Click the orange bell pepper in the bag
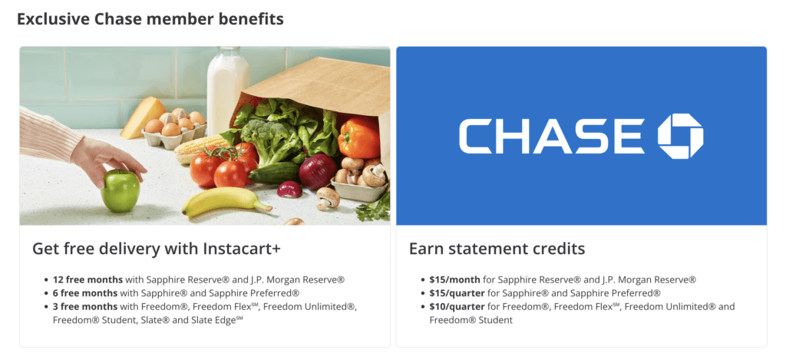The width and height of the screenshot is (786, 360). click(x=358, y=137)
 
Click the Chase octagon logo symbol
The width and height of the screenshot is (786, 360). click(x=680, y=136)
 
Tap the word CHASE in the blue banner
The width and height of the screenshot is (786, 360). click(x=551, y=137)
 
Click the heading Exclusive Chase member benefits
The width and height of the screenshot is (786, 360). click(x=150, y=18)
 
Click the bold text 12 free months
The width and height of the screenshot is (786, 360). click(x=84, y=280)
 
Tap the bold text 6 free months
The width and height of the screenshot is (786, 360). click(x=82, y=293)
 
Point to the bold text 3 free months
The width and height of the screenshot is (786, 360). click(x=82, y=307)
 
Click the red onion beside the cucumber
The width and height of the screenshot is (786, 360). click(x=316, y=170)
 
